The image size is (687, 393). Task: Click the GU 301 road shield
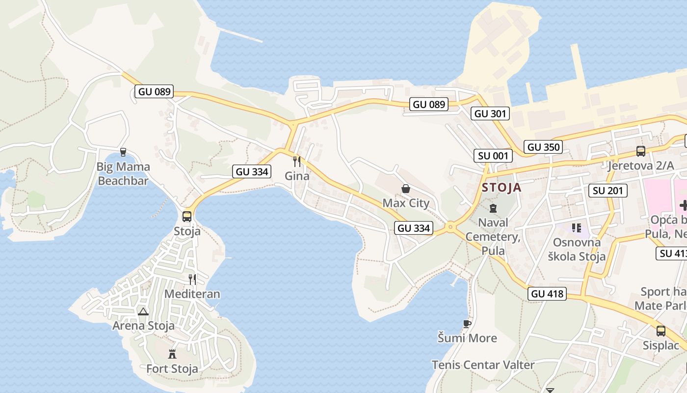click(490, 114)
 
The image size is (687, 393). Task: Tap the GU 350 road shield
click(543, 147)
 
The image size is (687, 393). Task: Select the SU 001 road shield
click(494, 156)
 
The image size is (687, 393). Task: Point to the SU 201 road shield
click(608, 191)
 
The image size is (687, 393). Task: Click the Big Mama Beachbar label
click(123, 174)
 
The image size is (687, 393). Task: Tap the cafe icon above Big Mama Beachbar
click(123, 152)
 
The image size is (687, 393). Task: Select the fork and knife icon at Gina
click(297, 161)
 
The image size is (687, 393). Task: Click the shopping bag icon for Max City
click(406, 189)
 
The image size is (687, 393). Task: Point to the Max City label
click(406, 203)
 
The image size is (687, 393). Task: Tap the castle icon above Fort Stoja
click(172, 354)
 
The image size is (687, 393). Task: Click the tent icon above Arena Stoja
click(143, 311)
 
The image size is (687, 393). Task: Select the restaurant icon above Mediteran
click(192, 279)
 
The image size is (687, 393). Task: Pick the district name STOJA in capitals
click(502, 187)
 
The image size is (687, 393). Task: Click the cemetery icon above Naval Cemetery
click(493, 208)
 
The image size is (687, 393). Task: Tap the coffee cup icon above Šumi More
click(467, 324)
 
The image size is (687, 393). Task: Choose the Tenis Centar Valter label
click(483, 365)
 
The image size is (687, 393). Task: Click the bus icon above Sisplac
click(661, 331)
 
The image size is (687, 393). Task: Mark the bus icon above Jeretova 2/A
click(640, 151)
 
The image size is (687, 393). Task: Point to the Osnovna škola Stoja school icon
click(576, 228)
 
